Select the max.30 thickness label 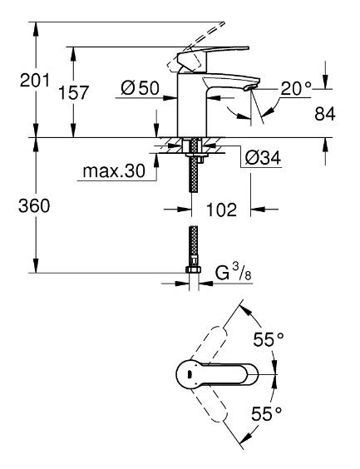(114, 172)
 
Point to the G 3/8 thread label (233, 273)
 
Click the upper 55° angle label (269, 339)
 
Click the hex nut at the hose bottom (193, 271)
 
